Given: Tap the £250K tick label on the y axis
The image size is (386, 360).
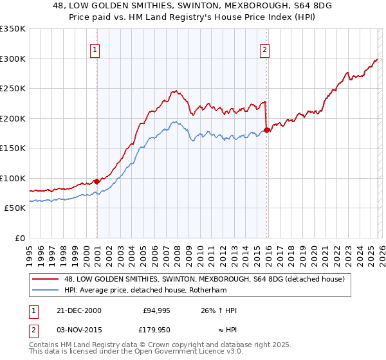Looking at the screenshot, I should click(13, 88).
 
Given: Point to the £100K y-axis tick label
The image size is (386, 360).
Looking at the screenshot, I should click(13, 178).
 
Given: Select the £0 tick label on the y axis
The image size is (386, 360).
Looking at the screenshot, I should click(20, 238).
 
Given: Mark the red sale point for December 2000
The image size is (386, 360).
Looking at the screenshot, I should click(96, 181).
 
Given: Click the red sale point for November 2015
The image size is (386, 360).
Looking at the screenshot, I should click(268, 130).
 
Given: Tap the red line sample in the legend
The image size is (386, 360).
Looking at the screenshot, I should click(46, 279).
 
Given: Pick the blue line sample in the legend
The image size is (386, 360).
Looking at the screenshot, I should click(46, 290).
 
